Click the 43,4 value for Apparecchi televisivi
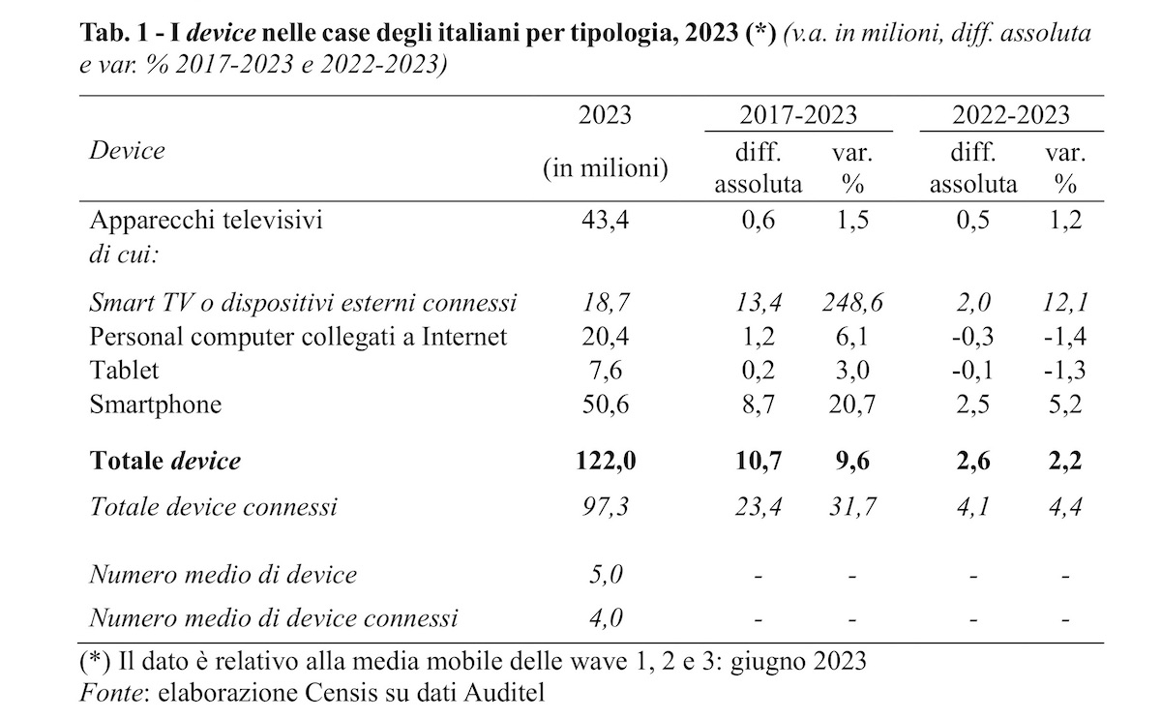click(605, 221)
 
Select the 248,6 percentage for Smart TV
click(851, 303)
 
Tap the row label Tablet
click(124, 370)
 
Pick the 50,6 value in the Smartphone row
click(605, 404)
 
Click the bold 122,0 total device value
click(605, 462)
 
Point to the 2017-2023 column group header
click(798, 116)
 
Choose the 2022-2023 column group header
click(1011, 116)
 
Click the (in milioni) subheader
click(605, 168)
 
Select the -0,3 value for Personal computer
click(972, 337)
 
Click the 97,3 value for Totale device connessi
click(605, 505)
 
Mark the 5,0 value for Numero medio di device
click(605, 574)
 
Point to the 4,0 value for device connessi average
click(605, 616)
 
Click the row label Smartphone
click(155, 404)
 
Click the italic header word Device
click(127, 151)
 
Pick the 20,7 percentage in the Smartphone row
click(851, 404)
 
